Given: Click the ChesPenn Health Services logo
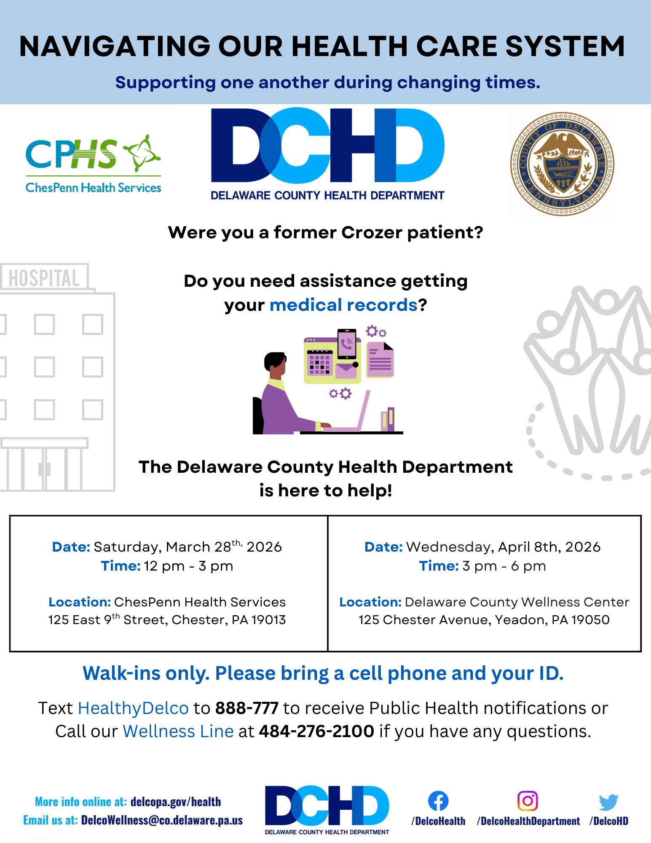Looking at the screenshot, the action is click(x=94, y=164).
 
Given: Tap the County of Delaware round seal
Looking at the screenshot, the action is click(x=562, y=164).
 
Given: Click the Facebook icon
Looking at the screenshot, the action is click(x=438, y=801).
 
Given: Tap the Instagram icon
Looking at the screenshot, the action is click(x=528, y=801).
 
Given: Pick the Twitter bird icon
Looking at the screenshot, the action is click(x=608, y=802).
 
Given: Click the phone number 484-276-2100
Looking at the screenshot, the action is click(x=316, y=731).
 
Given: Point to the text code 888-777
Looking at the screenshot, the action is click(x=247, y=708).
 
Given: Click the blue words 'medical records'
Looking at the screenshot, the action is click(x=343, y=304).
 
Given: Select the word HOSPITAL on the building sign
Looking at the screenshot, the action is click(x=44, y=278).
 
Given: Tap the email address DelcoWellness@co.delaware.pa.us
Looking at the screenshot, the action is click(x=162, y=820).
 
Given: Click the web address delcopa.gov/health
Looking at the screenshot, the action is click(x=176, y=801).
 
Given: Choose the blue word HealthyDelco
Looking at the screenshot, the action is click(x=133, y=708).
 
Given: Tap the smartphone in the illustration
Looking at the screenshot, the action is click(x=347, y=344).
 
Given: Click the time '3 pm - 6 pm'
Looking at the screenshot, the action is click(x=504, y=566).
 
